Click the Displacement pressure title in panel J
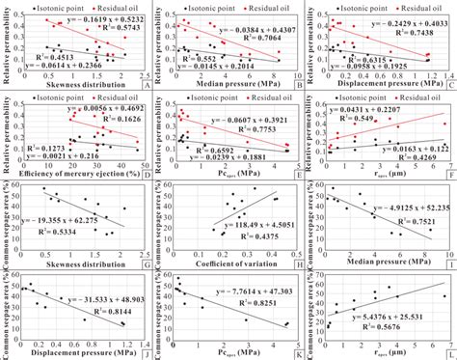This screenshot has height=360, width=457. (x=81, y=353)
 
